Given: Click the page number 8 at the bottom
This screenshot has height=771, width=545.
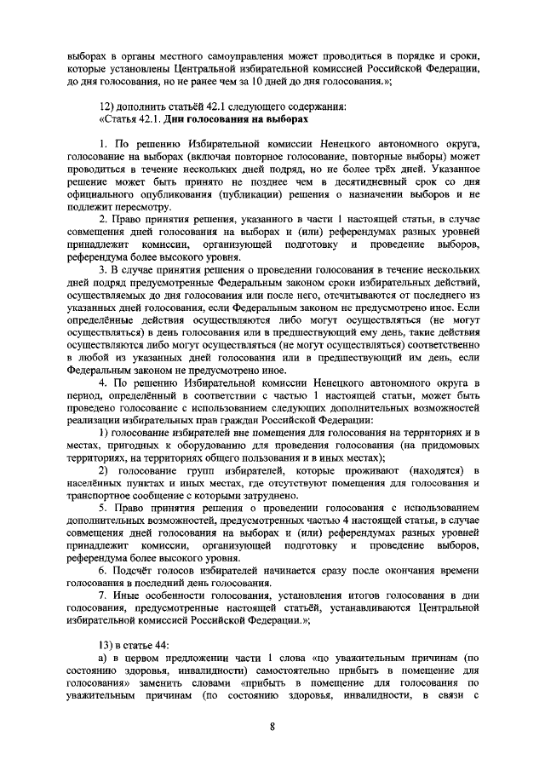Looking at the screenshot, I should click(x=272, y=727).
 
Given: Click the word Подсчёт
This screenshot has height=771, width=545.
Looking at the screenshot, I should click(x=140, y=569).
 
